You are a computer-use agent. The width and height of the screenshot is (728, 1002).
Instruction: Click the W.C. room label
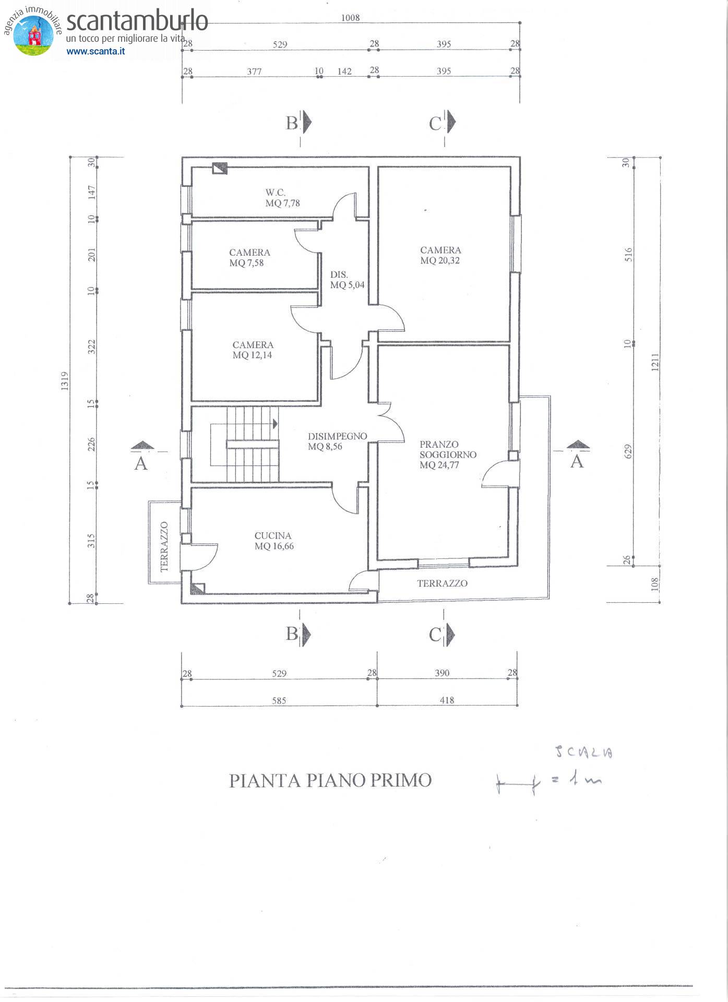click(x=275, y=193)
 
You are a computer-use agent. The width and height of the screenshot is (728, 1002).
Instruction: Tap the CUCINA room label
click(x=273, y=536)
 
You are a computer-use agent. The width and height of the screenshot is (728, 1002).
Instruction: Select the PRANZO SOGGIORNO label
click(x=448, y=449)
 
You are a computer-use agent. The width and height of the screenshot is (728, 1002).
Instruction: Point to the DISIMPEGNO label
click(x=338, y=436)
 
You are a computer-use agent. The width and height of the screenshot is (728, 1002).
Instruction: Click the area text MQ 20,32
click(x=440, y=261)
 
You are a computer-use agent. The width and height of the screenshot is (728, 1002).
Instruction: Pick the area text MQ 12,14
click(x=253, y=355)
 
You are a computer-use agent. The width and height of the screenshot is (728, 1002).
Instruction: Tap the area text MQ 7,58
click(x=246, y=263)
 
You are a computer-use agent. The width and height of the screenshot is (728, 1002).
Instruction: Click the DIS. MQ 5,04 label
click(x=347, y=280)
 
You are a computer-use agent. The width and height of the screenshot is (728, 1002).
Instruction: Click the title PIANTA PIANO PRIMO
click(x=331, y=781)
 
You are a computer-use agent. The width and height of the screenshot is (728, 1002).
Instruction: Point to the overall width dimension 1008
click(x=351, y=18)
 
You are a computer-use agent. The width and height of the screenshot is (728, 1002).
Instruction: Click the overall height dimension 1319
click(x=65, y=381)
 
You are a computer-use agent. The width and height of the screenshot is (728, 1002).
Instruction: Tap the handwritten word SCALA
click(x=583, y=752)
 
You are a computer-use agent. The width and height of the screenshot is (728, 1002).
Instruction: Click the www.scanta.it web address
click(x=96, y=51)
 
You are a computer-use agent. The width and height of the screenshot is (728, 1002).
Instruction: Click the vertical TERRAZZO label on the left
click(x=164, y=546)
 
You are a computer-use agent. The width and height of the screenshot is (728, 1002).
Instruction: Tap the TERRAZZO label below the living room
click(x=443, y=583)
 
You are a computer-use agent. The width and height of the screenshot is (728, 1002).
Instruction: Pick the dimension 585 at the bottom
click(x=279, y=701)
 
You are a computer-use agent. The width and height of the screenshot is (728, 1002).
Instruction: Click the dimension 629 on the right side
click(x=628, y=452)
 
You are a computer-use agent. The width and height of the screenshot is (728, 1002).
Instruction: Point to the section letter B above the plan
click(x=292, y=123)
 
